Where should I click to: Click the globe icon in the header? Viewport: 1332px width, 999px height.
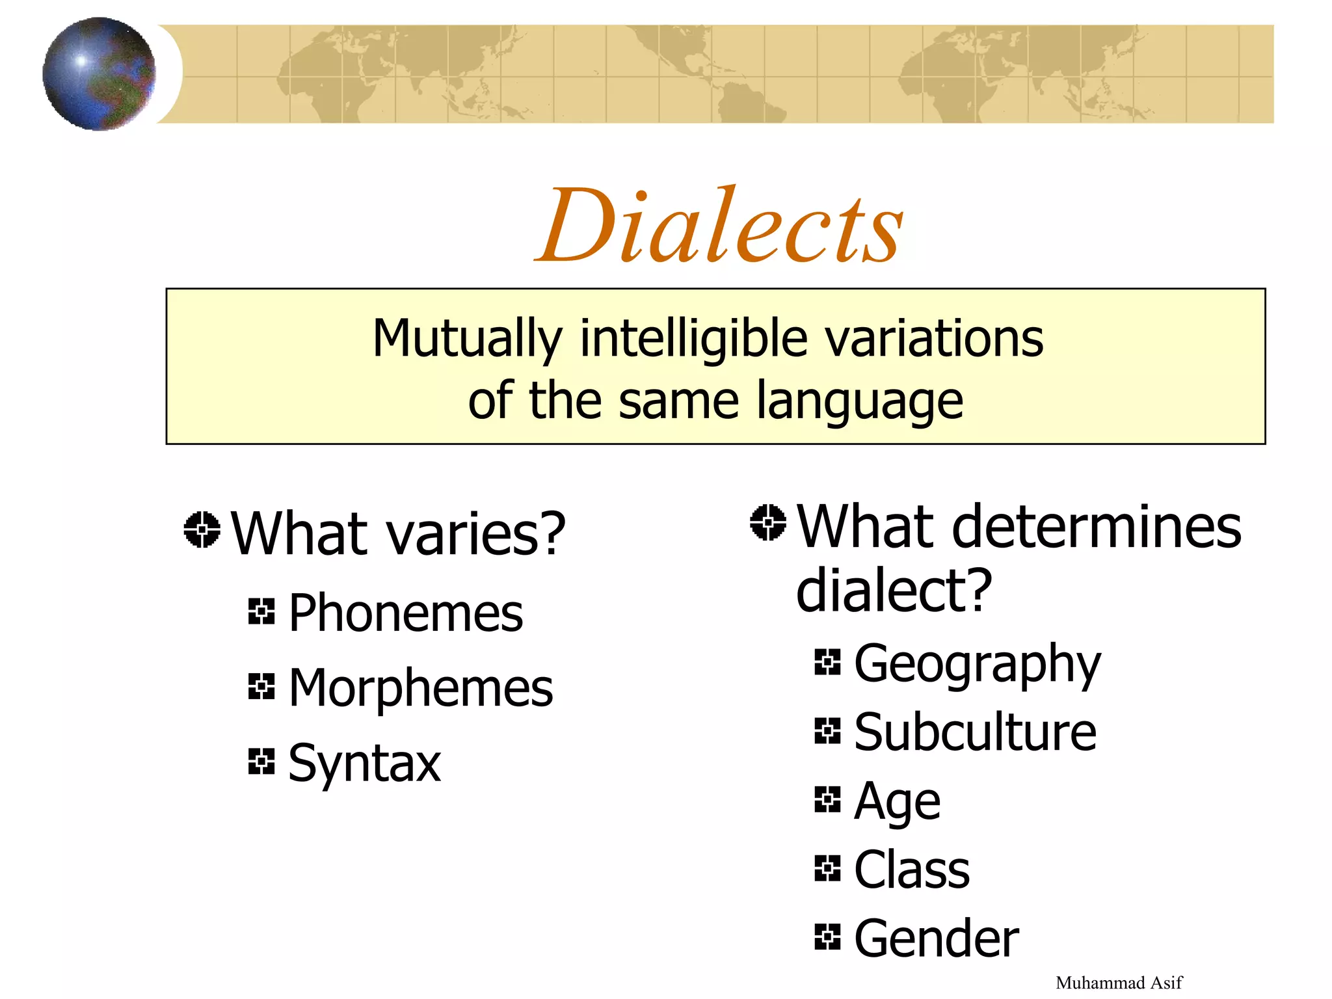coord(99,74)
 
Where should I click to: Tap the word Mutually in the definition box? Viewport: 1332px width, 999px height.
coord(467,339)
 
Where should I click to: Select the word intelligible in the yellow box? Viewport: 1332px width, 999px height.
coord(693,339)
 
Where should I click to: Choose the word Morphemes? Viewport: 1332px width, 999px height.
coord(420,688)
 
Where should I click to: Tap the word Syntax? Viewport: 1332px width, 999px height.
coord(364,763)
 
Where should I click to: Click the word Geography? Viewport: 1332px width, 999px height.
coord(977,664)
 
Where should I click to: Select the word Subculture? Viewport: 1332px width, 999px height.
coord(975,732)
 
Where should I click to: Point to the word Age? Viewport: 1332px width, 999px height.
coord(897,802)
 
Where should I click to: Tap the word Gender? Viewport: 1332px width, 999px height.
coord(936,939)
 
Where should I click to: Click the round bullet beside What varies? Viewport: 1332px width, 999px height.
coord(202,529)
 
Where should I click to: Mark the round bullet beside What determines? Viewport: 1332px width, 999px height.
coord(768,522)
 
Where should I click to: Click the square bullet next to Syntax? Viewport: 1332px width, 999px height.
coord(261,761)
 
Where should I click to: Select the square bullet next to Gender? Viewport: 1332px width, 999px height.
coord(827,937)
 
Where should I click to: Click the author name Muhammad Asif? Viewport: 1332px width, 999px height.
coord(1119,982)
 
